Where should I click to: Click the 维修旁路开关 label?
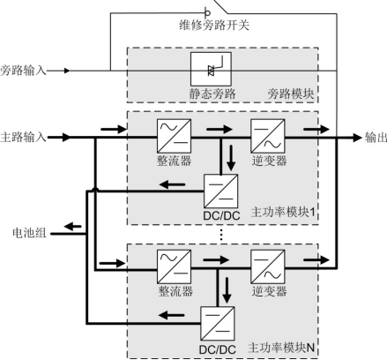pos(214,25)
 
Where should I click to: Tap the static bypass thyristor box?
pos(211,69)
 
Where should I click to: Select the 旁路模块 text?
pos(291,94)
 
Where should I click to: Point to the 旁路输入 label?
pos(23,71)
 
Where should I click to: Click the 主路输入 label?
pos(23,138)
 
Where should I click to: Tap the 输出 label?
pos(376,138)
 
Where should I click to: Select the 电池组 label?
pos(29,233)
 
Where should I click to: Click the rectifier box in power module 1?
pos(174,136)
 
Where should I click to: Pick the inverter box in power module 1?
pos(268,136)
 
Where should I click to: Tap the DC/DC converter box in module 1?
pos(220,191)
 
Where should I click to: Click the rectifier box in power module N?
pos(174,266)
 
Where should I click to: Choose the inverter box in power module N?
pos(268,266)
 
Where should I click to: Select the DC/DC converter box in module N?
pos(218,323)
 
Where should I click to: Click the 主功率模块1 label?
pos(283,212)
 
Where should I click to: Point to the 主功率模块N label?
pos(281,348)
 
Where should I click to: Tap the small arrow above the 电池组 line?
pos(72,227)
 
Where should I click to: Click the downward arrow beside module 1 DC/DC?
pos(231,158)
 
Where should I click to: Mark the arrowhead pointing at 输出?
pos(357,138)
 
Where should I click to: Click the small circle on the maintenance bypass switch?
pos(207,13)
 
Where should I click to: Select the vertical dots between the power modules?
pos(221,235)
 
